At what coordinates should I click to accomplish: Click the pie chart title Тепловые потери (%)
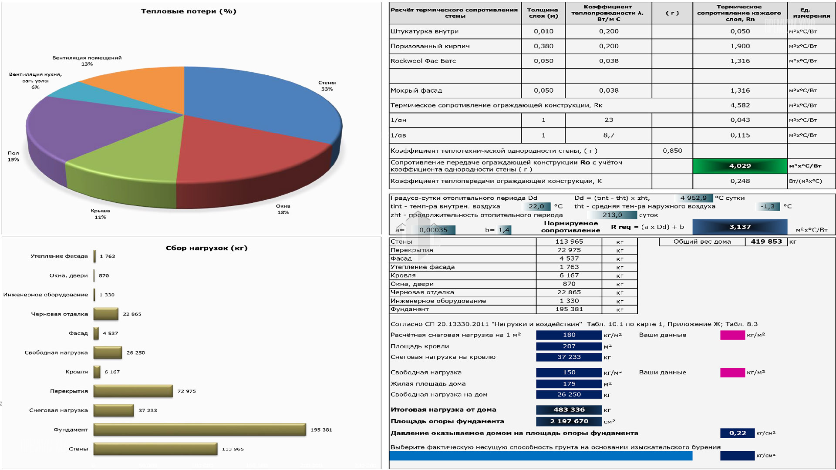click(x=189, y=11)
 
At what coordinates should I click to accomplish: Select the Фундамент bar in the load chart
click(x=199, y=430)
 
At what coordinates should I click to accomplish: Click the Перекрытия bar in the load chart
click(x=133, y=391)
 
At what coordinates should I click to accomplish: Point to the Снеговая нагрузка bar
click(x=113, y=410)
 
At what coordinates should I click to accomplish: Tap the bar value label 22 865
click(x=132, y=314)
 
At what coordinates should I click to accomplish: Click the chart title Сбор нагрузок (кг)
click(x=206, y=248)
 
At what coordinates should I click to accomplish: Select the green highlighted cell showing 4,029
click(x=740, y=166)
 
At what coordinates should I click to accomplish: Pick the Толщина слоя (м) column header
click(x=543, y=13)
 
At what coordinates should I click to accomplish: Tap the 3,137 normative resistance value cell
click(x=740, y=227)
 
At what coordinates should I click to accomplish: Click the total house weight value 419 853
click(x=766, y=242)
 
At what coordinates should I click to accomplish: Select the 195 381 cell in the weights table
click(x=569, y=309)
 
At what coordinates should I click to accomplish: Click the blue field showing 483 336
click(x=569, y=410)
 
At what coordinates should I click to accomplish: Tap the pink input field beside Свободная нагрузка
click(x=732, y=373)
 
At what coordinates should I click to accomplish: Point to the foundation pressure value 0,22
click(x=737, y=433)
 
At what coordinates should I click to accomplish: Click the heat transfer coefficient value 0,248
click(x=740, y=181)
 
